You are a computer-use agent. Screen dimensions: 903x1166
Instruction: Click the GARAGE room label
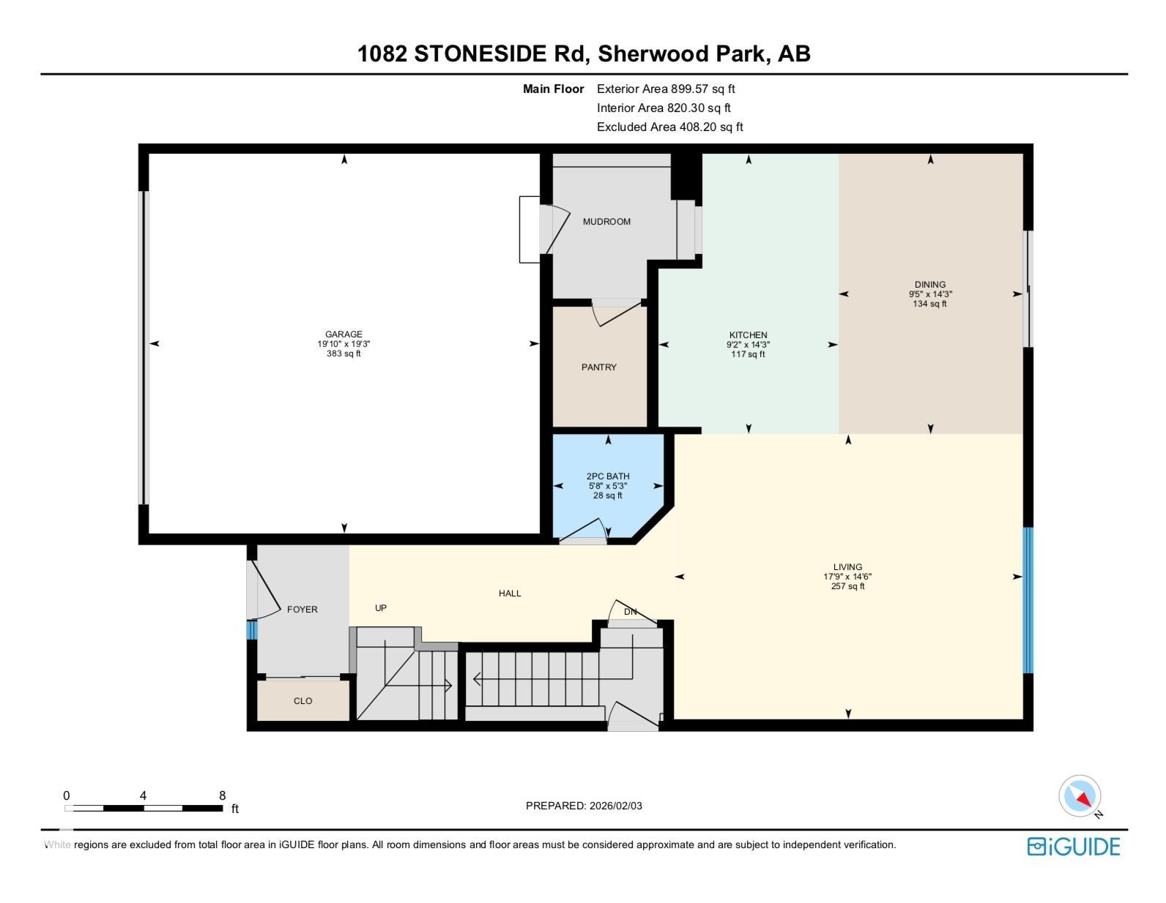344,334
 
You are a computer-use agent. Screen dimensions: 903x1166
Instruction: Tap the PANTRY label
599,367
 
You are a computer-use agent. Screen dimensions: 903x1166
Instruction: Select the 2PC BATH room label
608,476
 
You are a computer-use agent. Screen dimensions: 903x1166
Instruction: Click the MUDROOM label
606,222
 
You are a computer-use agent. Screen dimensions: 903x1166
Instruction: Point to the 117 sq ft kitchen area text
748,354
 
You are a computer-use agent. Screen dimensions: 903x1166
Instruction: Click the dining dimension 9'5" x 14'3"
930,294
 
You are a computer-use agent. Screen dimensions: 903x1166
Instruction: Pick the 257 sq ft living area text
847,586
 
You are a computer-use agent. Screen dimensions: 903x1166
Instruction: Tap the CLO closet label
302,701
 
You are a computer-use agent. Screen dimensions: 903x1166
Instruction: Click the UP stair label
381,608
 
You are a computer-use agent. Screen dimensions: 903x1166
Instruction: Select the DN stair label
631,612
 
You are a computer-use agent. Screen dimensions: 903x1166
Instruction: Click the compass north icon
1080,796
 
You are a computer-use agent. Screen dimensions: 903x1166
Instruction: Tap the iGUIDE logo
1074,847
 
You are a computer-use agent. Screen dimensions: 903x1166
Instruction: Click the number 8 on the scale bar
222,795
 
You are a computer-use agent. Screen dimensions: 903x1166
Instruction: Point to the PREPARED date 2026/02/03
584,806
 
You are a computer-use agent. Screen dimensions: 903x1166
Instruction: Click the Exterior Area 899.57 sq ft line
666,89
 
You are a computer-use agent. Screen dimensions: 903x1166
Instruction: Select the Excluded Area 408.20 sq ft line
669,127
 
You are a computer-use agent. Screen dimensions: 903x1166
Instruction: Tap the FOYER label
302,610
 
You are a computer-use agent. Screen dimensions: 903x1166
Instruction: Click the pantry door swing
617,313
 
